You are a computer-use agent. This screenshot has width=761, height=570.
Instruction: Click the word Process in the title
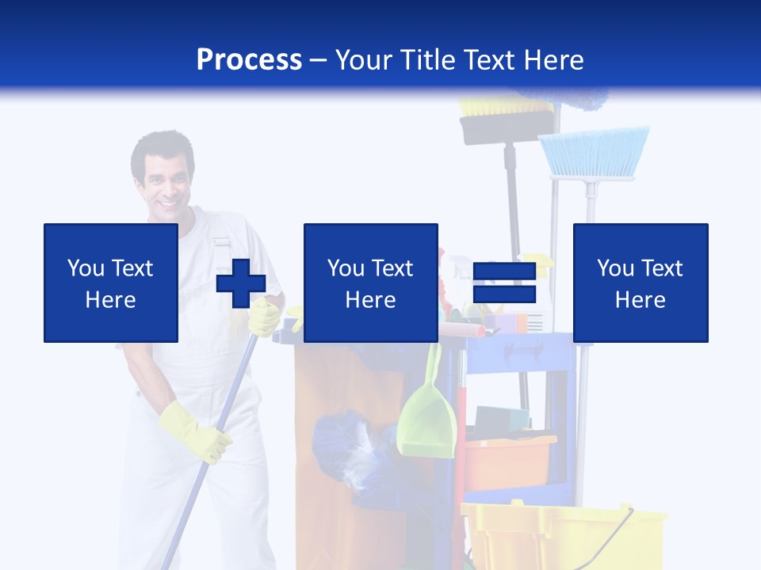click(249, 60)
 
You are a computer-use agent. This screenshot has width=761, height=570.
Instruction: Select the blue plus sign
click(241, 283)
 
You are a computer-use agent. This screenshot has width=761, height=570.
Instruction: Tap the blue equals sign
click(504, 283)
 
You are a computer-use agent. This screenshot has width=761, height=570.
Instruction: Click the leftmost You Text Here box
click(111, 283)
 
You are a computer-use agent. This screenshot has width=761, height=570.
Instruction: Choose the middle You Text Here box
click(371, 283)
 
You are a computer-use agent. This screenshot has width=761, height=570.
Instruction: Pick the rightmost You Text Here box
click(641, 283)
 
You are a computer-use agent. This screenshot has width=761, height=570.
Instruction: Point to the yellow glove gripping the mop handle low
click(194, 431)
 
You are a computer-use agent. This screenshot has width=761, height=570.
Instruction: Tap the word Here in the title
click(553, 60)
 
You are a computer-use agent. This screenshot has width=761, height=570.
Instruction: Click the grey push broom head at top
click(507, 125)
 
